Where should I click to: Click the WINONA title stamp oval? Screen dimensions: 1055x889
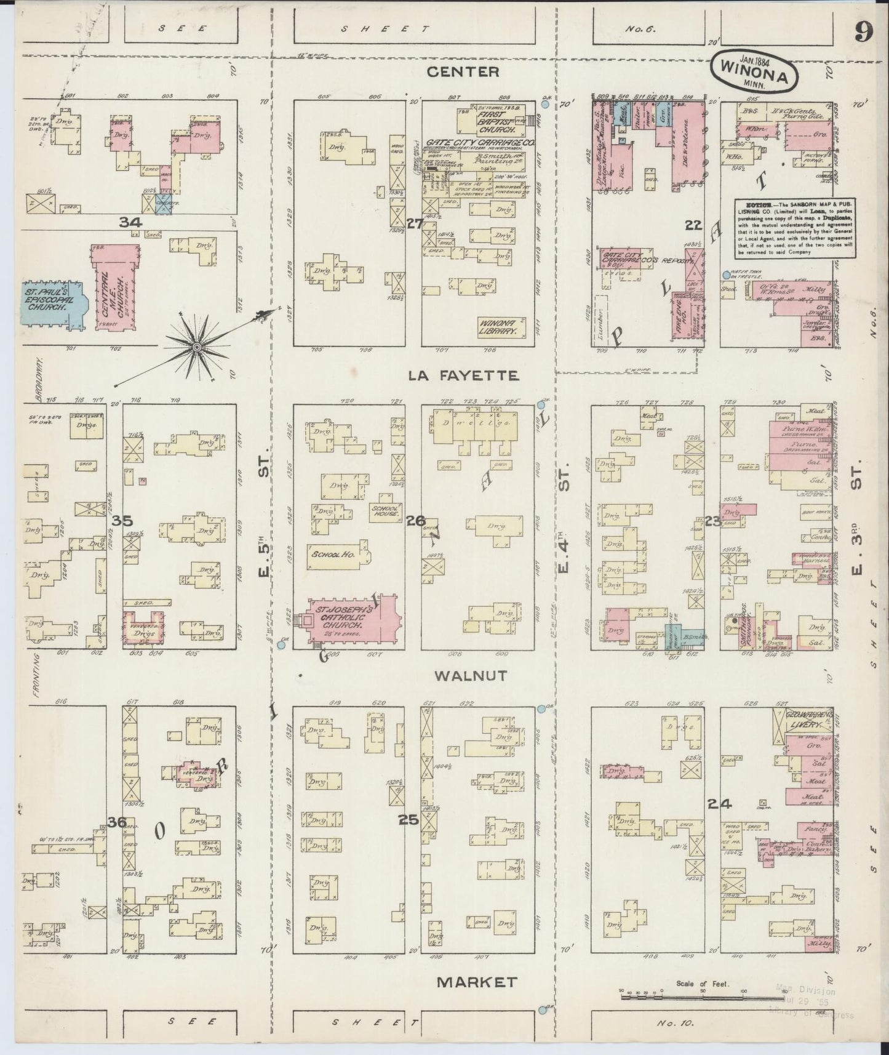(x=755, y=73)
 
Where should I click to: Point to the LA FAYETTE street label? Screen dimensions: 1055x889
(x=464, y=375)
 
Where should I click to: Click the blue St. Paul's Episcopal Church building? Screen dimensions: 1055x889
(x=54, y=302)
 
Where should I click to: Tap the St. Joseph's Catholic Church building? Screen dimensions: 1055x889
(x=348, y=622)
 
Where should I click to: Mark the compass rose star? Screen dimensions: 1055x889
(x=196, y=348)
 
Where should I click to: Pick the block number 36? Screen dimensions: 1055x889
(x=117, y=822)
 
